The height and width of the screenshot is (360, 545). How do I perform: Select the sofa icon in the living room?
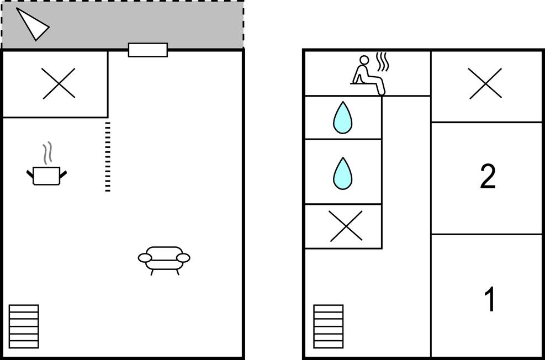point(164,260)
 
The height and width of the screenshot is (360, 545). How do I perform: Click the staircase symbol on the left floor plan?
point(24,326)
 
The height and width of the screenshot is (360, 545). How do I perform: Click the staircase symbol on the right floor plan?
point(328,326)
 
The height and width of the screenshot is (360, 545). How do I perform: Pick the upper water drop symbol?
point(343,118)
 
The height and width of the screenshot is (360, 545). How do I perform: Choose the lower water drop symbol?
point(343,173)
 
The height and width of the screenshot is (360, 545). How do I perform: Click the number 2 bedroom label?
point(488,177)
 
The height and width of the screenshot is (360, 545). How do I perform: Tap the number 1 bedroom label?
point(490,299)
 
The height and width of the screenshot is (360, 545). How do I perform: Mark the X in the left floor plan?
point(59,83)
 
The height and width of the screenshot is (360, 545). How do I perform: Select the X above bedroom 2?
point(485,83)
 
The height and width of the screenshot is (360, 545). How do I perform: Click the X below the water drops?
point(346,226)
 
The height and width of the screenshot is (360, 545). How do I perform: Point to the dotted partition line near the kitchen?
point(108,157)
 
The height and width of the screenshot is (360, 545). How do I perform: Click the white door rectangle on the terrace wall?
point(148,50)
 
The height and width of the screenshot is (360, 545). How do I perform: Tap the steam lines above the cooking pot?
point(47,153)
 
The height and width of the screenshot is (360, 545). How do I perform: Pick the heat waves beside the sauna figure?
point(382,62)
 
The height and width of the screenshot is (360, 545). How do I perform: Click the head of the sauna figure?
point(364,60)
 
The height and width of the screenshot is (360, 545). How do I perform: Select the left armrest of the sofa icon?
point(145,258)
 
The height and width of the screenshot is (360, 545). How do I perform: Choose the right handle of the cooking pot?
point(63,174)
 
